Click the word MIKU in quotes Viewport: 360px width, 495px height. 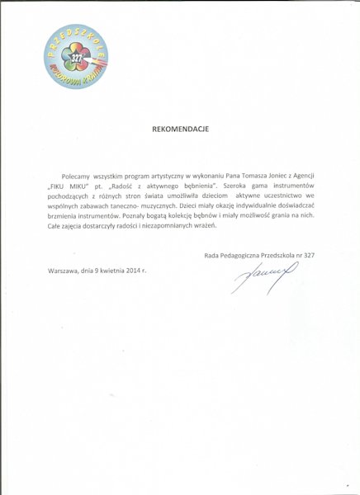click(x=81, y=189)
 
